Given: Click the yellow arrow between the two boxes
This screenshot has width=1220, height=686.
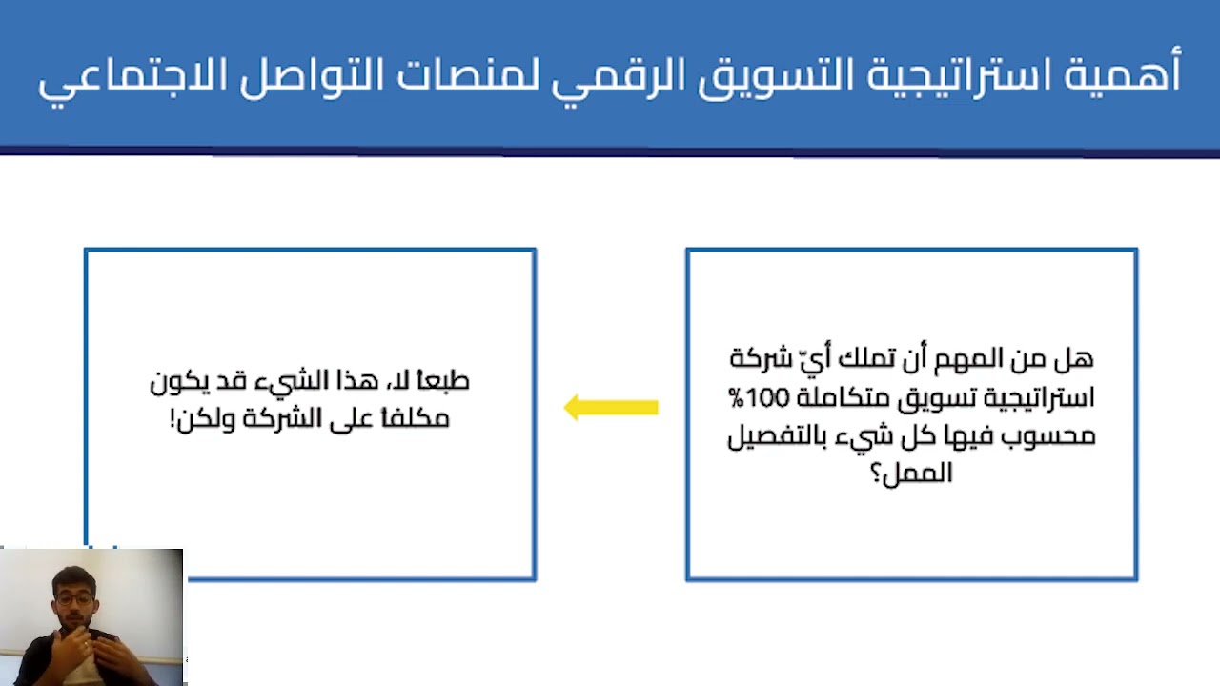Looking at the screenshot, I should click(x=611, y=408).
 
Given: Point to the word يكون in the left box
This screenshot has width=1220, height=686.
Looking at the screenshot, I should click(x=178, y=381).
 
